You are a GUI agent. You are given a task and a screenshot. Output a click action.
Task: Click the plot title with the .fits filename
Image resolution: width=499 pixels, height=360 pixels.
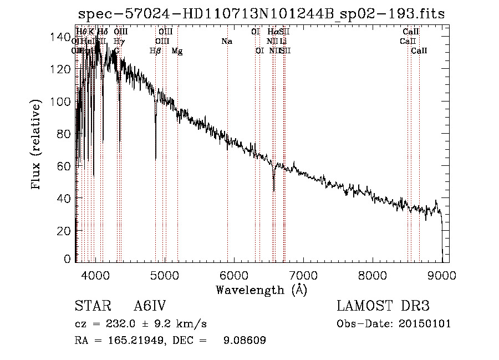(x=261, y=14)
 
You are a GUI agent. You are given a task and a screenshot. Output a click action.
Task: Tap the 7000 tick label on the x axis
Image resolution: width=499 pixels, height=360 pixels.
(x=303, y=273)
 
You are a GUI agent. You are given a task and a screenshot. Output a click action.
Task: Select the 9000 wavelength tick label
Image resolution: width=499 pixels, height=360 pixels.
(x=441, y=273)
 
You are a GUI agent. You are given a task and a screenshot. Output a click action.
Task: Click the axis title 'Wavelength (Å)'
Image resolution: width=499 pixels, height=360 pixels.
(x=261, y=290)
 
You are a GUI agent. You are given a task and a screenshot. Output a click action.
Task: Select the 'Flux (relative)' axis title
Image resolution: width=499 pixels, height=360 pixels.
(x=37, y=146)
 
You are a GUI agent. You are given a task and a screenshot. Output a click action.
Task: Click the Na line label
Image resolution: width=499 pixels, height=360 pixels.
(x=226, y=41)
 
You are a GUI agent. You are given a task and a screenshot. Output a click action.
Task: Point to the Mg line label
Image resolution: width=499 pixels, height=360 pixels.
(x=177, y=51)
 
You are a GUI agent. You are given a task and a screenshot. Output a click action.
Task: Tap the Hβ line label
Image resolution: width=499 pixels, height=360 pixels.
(x=155, y=51)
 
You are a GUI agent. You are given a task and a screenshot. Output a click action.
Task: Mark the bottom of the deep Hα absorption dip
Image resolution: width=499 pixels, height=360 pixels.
(x=273, y=190)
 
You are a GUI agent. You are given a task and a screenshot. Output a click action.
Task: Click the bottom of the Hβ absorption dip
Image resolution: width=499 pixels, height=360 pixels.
(x=155, y=158)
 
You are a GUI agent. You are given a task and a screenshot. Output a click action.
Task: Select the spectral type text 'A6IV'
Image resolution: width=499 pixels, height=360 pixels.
(x=151, y=306)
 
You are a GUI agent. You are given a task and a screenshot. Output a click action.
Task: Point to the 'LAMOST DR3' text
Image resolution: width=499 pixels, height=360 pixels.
(x=383, y=306)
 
